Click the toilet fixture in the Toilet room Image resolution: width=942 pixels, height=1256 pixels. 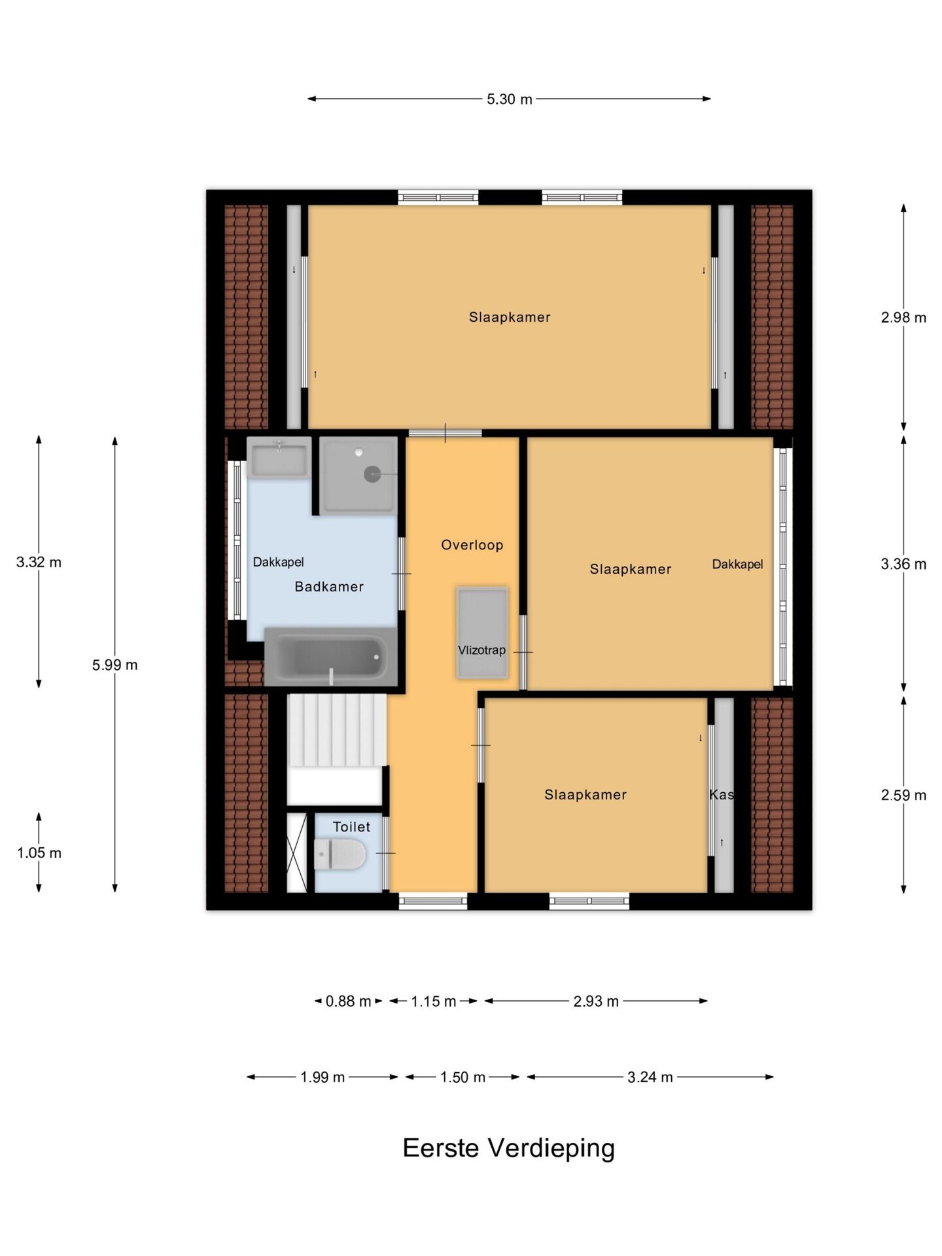[x=340, y=854]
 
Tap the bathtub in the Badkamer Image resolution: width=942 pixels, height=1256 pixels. [x=330, y=657]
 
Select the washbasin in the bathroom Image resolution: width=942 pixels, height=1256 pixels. [x=279, y=459]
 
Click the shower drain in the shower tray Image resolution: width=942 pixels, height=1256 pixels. [x=372, y=474]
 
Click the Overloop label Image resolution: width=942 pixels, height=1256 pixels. [x=472, y=545]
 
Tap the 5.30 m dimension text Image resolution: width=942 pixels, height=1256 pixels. [x=510, y=99]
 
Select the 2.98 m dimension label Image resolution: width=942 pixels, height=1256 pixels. [x=903, y=318]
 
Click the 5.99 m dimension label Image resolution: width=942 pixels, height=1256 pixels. [x=115, y=665]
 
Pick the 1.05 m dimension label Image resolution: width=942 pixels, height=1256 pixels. [x=39, y=853]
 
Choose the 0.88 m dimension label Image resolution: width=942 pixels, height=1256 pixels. [x=348, y=1002]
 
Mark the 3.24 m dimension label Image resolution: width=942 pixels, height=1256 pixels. [x=650, y=1077]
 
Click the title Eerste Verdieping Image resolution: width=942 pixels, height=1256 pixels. [x=509, y=1148]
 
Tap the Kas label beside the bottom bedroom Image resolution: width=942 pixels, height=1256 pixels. [x=722, y=795]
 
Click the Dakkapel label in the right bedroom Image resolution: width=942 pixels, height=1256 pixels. [x=737, y=565]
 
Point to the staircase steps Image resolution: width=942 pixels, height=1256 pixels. [x=337, y=730]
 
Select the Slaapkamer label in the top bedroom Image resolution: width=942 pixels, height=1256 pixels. [x=510, y=317]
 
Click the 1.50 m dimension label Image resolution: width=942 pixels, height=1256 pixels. [x=462, y=1077]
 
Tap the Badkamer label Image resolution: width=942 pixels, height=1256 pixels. [x=329, y=587]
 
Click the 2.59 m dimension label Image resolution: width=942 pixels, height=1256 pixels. [x=903, y=795]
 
